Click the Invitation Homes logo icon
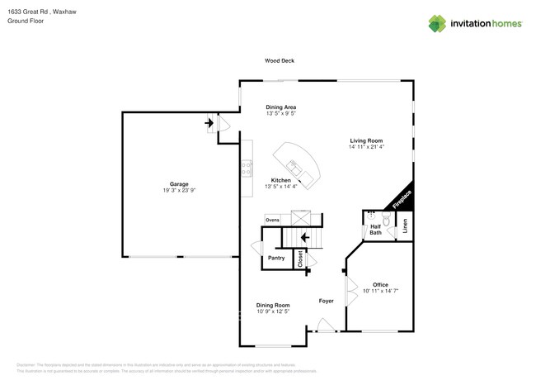click(x=437, y=23)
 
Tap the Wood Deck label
click(x=279, y=61)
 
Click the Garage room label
click(x=179, y=183)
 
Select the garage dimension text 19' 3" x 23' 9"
click(x=179, y=190)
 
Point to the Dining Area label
click(x=280, y=107)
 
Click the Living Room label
click(x=367, y=140)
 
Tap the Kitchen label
click(x=280, y=180)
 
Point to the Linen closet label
click(x=405, y=226)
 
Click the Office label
click(x=380, y=284)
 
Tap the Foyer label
click(x=327, y=301)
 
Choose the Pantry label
click(x=276, y=259)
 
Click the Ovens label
click(x=272, y=220)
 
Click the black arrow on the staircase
click(x=305, y=239)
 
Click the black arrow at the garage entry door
click(x=209, y=125)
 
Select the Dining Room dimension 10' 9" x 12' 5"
click(x=272, y=311)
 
